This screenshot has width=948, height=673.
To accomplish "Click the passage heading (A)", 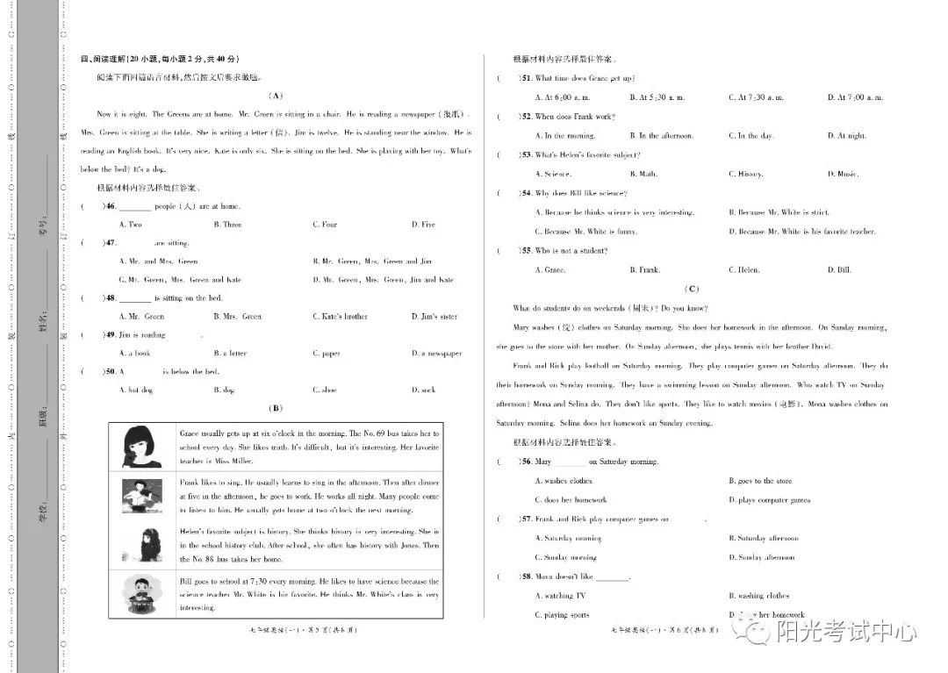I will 276,96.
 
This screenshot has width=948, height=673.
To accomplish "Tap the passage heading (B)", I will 276,408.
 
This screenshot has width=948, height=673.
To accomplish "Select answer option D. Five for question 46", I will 423,225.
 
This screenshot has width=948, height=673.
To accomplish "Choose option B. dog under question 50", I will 224,390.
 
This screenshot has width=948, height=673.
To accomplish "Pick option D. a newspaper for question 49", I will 436,354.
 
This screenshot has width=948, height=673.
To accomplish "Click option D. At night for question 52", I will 846,136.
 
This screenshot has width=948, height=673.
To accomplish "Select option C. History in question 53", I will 745,174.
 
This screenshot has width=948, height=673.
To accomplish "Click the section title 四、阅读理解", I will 159,59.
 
